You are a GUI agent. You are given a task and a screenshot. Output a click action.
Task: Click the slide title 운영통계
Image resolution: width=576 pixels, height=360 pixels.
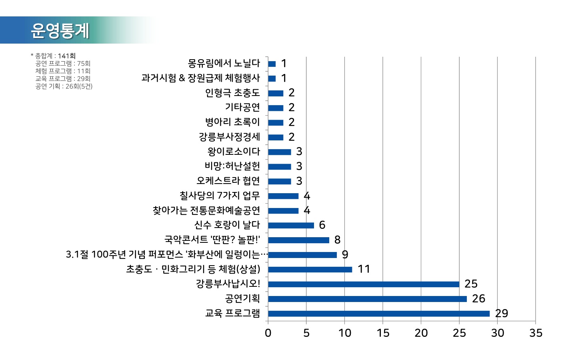coord(60,30)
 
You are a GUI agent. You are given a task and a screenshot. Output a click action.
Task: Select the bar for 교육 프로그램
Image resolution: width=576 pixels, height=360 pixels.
coord(379,314)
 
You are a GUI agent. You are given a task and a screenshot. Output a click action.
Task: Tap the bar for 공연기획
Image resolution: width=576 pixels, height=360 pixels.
coord(367,299)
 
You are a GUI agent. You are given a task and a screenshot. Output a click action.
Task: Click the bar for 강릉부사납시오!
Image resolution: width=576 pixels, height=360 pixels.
coord(364,284)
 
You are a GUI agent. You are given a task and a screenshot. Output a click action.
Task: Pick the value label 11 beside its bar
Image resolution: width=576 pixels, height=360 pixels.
coord(364,269)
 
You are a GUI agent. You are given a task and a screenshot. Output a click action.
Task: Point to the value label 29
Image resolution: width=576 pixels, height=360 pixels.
coord(502,313)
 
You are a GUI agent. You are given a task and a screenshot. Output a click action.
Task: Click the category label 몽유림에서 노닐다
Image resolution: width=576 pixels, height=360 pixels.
coord(224,63)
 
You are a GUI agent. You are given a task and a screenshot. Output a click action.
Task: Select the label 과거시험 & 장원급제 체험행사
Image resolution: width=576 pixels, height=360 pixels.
coord(200,78)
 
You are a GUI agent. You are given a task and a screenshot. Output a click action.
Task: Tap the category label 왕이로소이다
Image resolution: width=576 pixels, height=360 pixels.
coord(234,152)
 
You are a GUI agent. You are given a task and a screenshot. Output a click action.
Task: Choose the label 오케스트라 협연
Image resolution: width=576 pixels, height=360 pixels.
coord(228,181)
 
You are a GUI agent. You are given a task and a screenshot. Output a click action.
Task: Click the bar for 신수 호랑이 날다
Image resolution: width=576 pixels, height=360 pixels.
coord(291,225)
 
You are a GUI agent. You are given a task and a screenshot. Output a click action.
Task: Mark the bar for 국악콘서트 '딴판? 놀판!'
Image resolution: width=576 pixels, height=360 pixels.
coord(298,240)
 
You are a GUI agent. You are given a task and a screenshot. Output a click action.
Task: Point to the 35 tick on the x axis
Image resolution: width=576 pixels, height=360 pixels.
coord(536,333)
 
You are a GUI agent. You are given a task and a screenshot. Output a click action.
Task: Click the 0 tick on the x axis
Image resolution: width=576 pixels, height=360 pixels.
coord(268,333)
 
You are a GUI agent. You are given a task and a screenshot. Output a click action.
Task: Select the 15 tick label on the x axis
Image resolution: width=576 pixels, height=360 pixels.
coord(383,333)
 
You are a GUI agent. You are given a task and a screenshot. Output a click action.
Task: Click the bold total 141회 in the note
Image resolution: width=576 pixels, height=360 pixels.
coord(66,56)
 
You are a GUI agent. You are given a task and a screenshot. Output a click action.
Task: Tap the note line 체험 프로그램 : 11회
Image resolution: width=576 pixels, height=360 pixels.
coord(63,71)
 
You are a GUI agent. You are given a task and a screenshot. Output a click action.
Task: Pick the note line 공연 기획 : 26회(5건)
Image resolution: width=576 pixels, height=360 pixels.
coord(64,86)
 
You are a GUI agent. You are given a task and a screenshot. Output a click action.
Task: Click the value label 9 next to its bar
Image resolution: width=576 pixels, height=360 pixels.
coord(345,254)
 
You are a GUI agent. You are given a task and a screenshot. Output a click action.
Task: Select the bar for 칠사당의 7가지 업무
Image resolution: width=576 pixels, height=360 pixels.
coord(283,196)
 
